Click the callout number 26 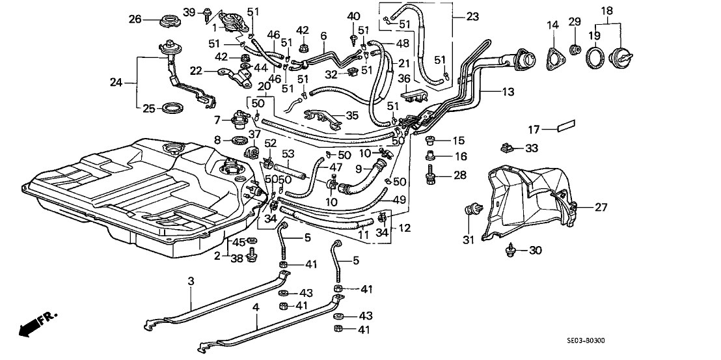(x=135, y=20)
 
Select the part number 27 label (x=601, y=209)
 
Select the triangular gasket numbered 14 (x=554, y=57)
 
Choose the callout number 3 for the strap (x=191, y=281)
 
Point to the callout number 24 (x=116, y=82)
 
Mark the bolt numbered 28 (x=429, y=174)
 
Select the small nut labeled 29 (x=575, y=49)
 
